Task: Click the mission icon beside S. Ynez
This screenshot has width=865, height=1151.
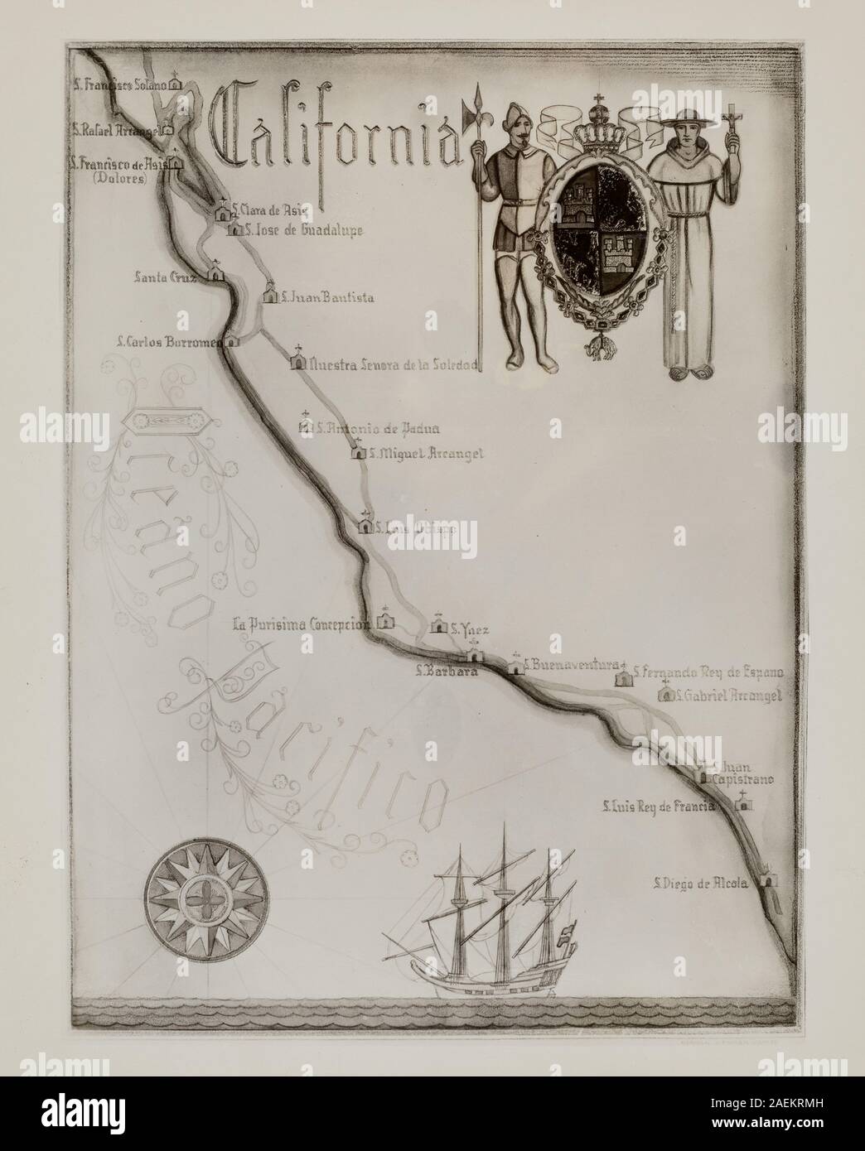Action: [439, 627]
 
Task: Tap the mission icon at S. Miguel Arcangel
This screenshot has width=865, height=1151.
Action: [359, 452]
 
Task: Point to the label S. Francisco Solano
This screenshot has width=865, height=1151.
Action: [119, 84]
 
